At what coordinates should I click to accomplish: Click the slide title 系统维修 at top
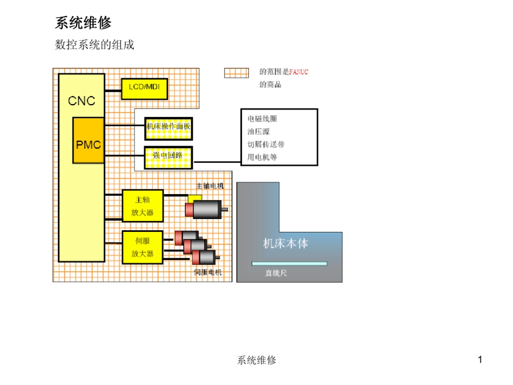[x=83, y=23]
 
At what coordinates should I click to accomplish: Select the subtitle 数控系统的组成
[x=94, y=45]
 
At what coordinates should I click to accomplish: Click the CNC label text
[x=82, y=101]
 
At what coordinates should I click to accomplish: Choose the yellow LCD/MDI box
[x=144, y=87]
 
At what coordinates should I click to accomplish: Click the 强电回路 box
[x=168, y=156]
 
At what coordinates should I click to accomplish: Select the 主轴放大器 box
[x=143, y=206]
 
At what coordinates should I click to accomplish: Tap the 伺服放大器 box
[x=143, y=247]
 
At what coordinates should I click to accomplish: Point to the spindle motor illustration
[x=206, y=209]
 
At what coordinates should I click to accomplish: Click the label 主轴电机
[x=209, y=185]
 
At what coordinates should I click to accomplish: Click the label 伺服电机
[x=207, y=272]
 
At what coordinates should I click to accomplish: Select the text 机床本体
[x=285, y=243]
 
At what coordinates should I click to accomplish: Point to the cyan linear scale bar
[x=289, y=264]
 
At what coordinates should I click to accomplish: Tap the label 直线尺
[x=275, y=273]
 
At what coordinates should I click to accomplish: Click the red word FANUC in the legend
[x=299, y=72]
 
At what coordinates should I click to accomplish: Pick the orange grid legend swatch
[x=237, y=73]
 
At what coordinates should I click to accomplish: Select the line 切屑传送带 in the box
[x=266, y=145]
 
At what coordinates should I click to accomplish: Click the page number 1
[x=480, y=360]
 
